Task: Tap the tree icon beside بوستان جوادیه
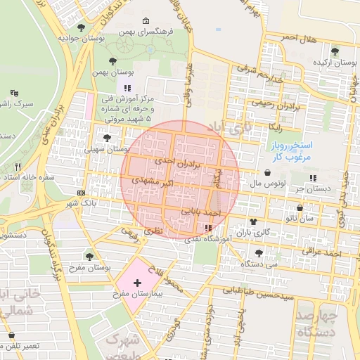82,27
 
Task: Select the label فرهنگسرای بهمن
146,32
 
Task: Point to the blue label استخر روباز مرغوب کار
288,150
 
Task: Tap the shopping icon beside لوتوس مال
268,172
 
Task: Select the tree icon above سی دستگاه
259,252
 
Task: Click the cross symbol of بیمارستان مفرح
137,282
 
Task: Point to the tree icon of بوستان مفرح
89,257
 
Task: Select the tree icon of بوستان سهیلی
107,139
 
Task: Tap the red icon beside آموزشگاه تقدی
207,228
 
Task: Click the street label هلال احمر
300,36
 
